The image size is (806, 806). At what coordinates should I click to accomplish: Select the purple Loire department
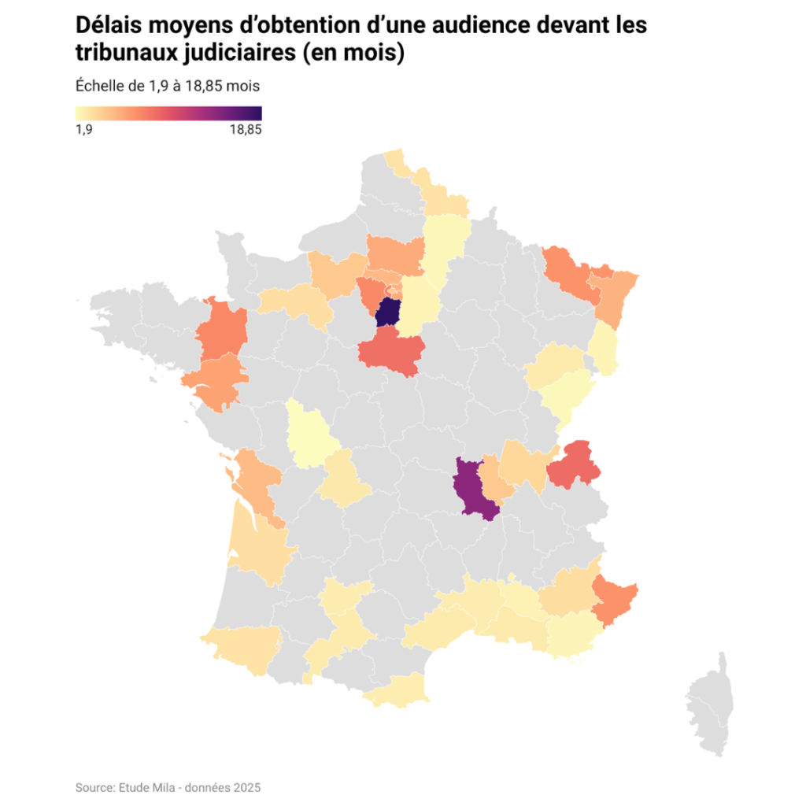tap(472, 488)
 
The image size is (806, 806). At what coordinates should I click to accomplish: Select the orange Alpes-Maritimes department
tap(615, 598)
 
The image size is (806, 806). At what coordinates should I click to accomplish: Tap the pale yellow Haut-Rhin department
tap(605, 349)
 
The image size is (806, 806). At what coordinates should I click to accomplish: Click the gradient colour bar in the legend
tap(168, 113)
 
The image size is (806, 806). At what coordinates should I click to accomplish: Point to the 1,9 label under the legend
tap(84, 131)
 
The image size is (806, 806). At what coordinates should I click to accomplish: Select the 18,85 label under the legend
tap(246, 131)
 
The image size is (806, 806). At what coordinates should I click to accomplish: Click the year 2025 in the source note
tap(247, 787)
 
